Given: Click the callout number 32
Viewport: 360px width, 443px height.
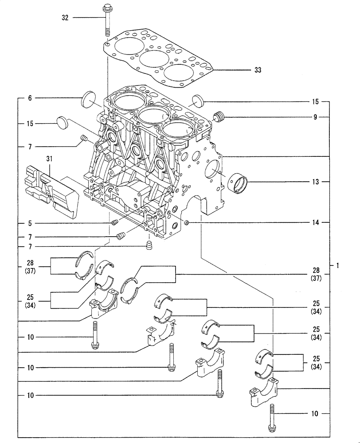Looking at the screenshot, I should click(65, 18).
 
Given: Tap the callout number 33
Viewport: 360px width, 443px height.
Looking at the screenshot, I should click(258, 70).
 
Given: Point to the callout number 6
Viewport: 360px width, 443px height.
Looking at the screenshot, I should click(30, 98).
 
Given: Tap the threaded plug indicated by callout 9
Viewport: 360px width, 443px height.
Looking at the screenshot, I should click(219, 117).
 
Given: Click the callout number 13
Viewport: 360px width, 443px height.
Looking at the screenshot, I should click(315, 182).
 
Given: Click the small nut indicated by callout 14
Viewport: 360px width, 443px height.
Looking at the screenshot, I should click(187, 222).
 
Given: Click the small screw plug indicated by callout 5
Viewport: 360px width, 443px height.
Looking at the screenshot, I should click(114, 222).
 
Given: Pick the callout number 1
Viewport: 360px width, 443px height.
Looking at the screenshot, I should click(338, 266).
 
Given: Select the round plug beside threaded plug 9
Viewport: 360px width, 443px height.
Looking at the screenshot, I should click(198, 100).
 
